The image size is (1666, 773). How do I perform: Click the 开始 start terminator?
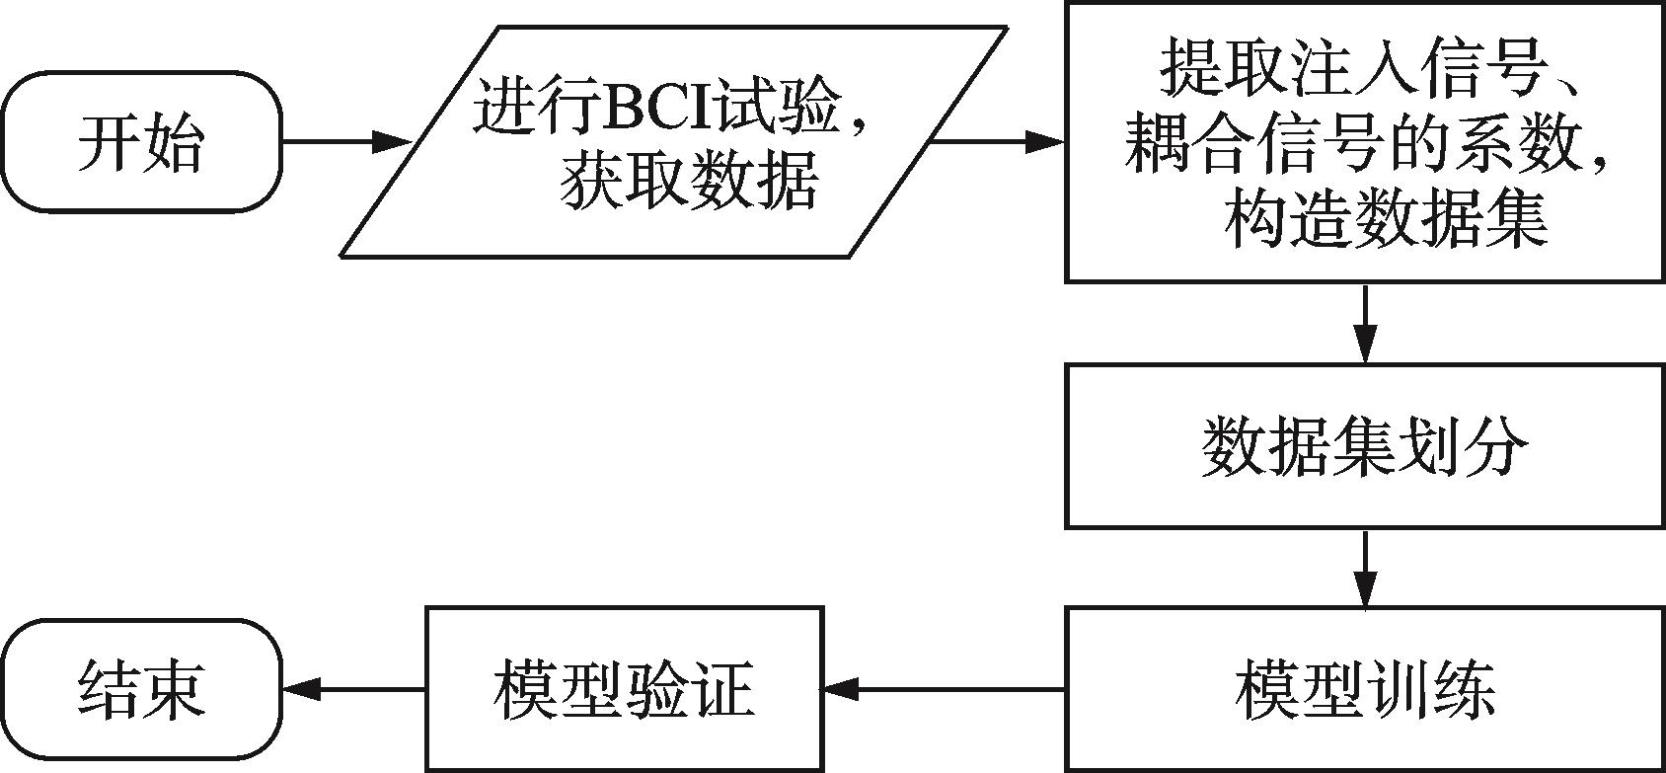141,142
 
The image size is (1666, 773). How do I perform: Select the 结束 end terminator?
141,688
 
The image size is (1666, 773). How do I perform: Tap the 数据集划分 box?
1364,446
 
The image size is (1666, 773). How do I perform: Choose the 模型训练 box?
1364,688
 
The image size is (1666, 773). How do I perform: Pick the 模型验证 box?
624,688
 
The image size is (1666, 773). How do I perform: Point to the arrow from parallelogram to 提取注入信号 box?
997,142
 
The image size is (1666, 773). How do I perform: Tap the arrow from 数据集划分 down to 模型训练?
1364,567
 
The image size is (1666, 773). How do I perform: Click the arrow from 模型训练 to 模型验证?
944,688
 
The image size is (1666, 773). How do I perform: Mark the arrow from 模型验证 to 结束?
353,688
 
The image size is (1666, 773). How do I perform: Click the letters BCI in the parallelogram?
655,108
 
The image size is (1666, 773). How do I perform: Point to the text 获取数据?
689,184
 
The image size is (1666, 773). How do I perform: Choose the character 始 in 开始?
174,142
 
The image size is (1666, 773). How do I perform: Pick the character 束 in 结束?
174,688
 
